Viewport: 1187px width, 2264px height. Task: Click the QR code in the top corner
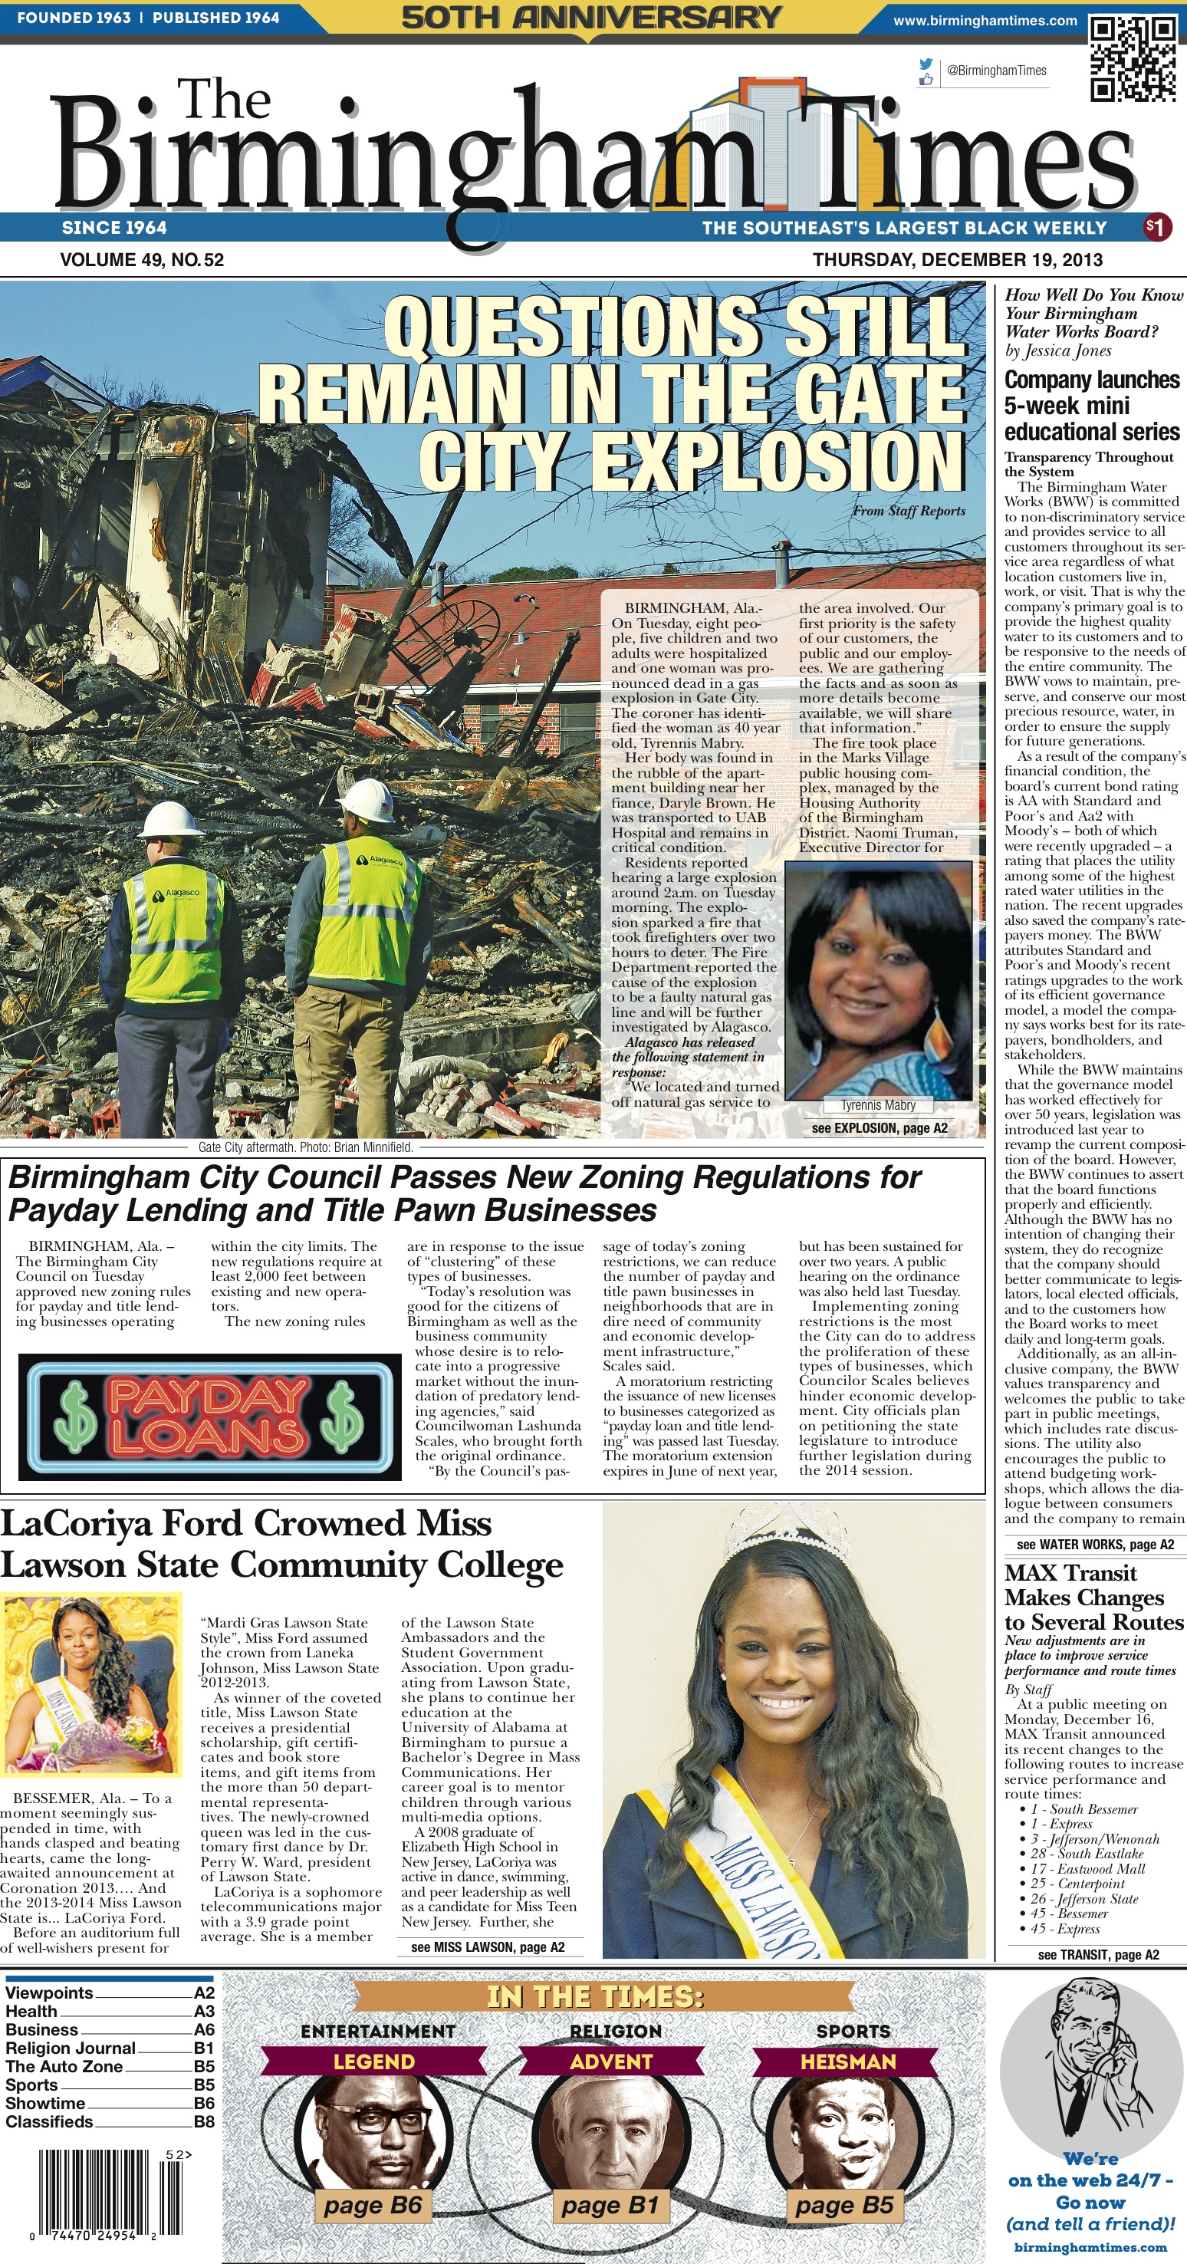click(1132, 58)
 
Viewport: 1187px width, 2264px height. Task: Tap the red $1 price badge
click(1157, 228)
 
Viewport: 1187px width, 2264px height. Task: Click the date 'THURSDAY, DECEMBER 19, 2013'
click(957, 260)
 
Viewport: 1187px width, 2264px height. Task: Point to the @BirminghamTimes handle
click(996, 71)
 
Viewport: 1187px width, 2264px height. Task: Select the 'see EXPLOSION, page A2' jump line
click(879, 1127)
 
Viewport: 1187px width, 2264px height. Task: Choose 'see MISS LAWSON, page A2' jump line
click(488, 1946)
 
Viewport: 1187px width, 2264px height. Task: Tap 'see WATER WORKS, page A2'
click(1095, 1544)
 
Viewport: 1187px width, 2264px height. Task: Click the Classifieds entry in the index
click(49, 2121)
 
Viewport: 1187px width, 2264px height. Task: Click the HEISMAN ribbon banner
click(848, 2061)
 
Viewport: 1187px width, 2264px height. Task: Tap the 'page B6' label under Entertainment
click(373, 2205)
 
